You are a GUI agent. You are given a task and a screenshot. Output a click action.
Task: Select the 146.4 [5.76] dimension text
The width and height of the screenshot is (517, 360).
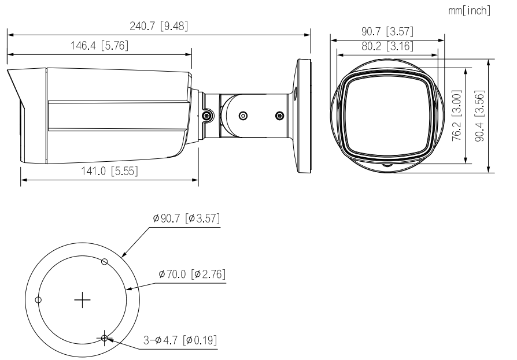tap(99, 46)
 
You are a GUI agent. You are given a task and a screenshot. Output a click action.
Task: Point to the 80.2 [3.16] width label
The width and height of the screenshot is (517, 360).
tap(387, 46)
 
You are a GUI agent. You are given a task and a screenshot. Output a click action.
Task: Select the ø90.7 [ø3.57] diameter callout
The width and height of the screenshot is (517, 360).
tap(186, 219)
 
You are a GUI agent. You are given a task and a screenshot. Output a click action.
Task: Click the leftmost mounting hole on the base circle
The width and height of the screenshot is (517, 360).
tap(38, 299)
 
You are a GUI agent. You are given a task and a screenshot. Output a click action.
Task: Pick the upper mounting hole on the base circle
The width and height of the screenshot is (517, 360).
tap(104, 261)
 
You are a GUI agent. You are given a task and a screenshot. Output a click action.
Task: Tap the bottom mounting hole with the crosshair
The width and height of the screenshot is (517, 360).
tap(104, 338)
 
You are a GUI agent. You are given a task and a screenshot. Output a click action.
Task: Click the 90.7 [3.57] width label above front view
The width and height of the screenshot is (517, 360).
tap(387, 32)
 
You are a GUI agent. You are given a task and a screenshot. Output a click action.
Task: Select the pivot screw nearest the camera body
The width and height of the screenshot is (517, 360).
tap(207, 116)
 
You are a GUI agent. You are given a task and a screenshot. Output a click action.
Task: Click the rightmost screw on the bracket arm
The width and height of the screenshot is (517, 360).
tap(280, 116)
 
